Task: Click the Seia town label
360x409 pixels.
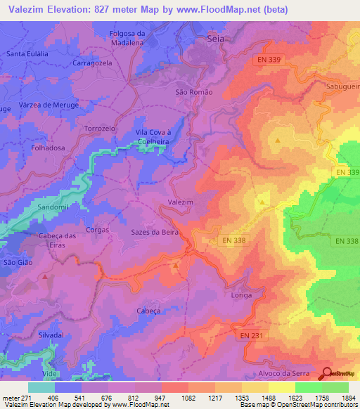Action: click(x=216, y=40)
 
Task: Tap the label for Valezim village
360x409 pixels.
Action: click(x=180, y=202)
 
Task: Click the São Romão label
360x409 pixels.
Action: click(x=193, y=92)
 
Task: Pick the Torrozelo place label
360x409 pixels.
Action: click(x=99, y=129)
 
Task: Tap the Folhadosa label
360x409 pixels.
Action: click(x=49, y=148)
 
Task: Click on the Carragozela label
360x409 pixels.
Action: click(x=91, y=63)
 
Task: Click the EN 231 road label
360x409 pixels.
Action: click(x=250, y=336)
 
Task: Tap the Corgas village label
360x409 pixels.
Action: click(x=97, y=229)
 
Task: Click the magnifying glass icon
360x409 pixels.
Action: click(x=328, y=374)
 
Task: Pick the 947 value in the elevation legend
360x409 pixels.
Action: click(x=159, y=397)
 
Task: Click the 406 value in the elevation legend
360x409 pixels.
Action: click(x=51, y=397)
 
